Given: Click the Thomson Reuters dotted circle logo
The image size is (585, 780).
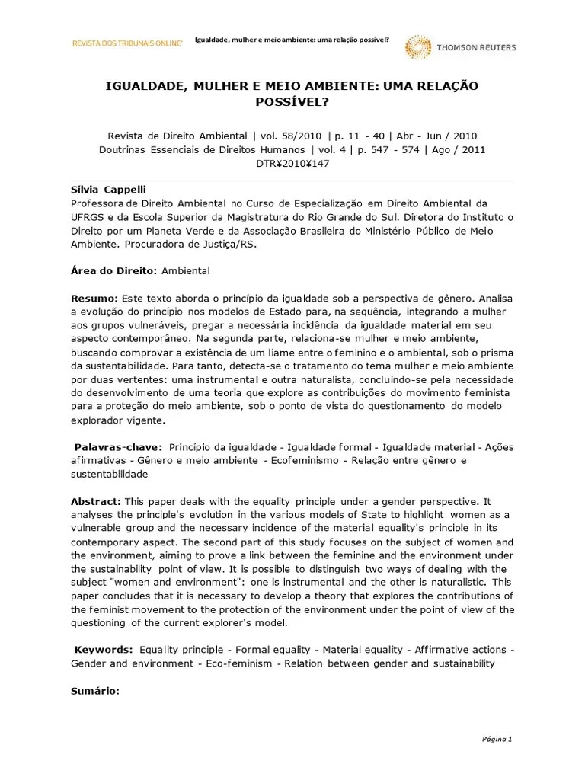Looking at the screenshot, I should (418, 47).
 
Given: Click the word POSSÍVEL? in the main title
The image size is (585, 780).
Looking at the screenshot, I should (292, 101).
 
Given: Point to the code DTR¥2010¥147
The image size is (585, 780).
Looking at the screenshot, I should (292, 164).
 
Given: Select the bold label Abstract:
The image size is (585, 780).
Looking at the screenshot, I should (96, 501).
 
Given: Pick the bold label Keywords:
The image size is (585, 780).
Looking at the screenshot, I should (103, 650).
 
